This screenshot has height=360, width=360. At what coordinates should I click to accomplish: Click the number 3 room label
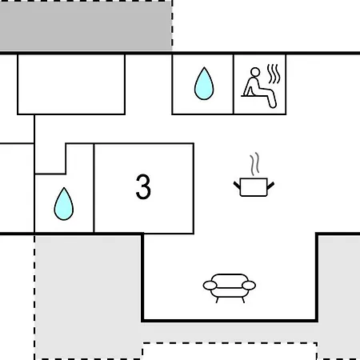point(143,186)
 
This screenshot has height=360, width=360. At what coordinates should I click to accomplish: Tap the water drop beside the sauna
point(204,83)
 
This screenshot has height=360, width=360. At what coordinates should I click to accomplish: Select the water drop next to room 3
point(64,204)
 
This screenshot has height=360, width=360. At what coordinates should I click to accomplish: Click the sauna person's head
point(255,72)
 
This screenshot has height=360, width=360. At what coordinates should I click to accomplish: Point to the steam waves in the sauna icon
point(274,74)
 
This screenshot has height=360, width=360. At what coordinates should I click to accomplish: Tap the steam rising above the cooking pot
point(254,163)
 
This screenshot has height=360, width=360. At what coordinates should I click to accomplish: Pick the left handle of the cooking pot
point(237,186)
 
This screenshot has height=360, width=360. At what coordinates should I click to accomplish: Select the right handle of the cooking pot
point(270,186)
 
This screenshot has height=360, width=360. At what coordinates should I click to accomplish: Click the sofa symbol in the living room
point(230,288)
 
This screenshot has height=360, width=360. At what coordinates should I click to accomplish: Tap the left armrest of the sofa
point(210,286)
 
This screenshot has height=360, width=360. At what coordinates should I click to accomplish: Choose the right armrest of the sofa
point(249,286)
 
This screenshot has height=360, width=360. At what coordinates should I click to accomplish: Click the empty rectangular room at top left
point(71,84)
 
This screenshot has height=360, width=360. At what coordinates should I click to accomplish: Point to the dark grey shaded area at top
point(86,26)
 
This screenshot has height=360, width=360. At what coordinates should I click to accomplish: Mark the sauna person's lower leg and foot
point(271,99)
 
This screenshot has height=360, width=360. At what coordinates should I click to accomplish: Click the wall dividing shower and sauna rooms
point(234,84)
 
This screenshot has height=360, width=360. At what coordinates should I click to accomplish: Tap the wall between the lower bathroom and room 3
point(94,188)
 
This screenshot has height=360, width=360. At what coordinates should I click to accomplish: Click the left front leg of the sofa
point(217,300)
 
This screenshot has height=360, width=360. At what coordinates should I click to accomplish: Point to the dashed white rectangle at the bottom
point(230,351)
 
